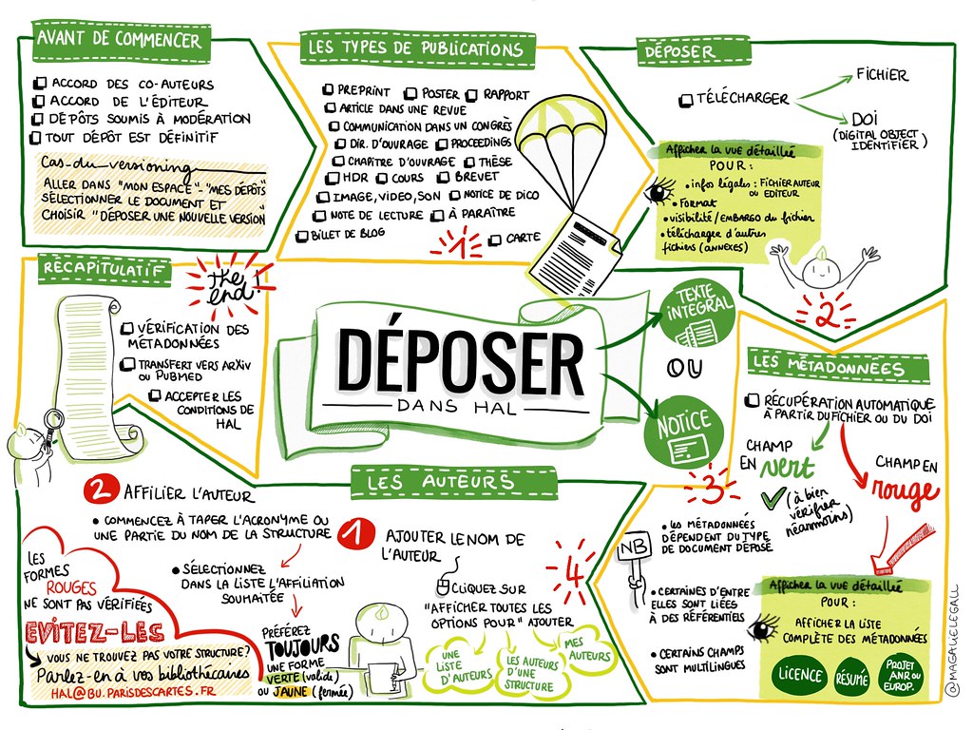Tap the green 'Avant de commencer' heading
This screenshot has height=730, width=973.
119,40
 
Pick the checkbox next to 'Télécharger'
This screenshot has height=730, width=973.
686,100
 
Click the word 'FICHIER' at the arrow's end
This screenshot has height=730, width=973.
882,74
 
